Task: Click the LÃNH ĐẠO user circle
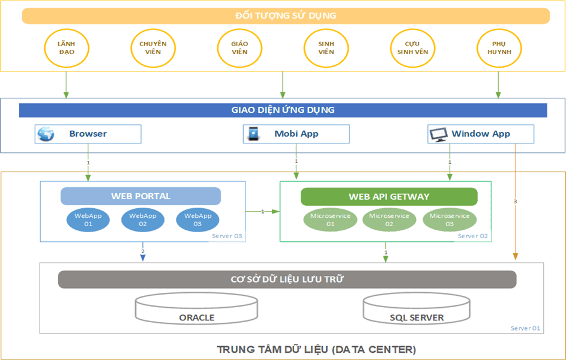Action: (66, 48)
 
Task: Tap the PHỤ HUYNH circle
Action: (498, 48)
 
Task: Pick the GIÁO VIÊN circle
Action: (239, 48)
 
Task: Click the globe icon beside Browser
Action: (46, 134)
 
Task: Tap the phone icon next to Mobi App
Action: (254, 134)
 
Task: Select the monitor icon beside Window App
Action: (439, 134)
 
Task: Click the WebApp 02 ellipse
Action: (142, 220)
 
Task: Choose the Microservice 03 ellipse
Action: (449, 220)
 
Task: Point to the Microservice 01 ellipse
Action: (330, 220)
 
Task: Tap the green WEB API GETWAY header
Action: (389, 197)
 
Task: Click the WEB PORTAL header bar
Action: (140, 196)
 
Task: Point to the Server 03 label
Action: (227, 236)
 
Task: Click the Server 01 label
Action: (526, 328)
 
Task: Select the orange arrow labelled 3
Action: (515, 202)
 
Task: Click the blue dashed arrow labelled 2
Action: (142, 252)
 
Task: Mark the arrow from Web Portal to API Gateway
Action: (263, 211)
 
